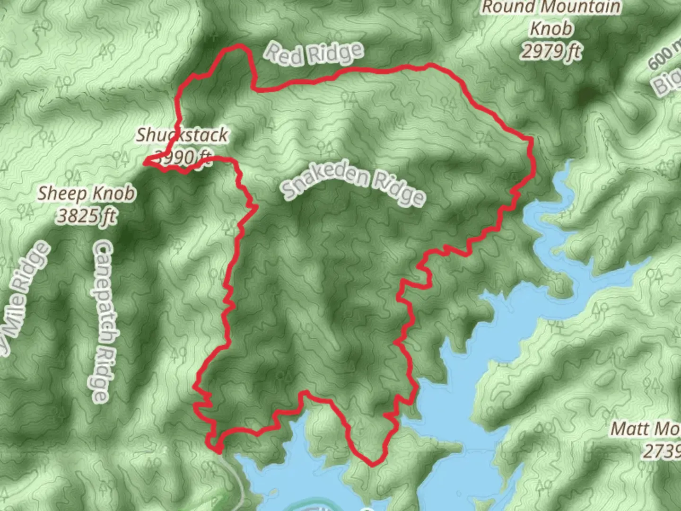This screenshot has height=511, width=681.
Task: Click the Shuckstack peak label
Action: point(182,135)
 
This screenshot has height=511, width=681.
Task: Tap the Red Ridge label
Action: point(314,53)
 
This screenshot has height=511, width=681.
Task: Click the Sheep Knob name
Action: point(86,194)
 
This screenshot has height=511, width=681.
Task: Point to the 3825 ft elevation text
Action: point(87,216)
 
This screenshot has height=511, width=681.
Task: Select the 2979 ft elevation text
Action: point(551,50)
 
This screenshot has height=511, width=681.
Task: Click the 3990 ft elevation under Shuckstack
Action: point(182,156)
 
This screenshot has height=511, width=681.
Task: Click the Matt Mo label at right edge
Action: point(646,429)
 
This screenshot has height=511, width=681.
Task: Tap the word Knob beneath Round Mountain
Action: point(551,28)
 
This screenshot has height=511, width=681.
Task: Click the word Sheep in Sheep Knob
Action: point(62,194)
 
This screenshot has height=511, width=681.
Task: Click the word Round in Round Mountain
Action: point(503,8)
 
